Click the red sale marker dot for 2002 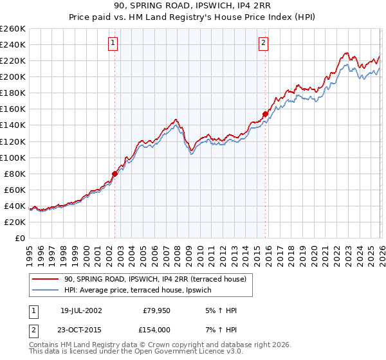tap(115, 174)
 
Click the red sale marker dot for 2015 tap(265, 114)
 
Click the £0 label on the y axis tap(21, 238)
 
